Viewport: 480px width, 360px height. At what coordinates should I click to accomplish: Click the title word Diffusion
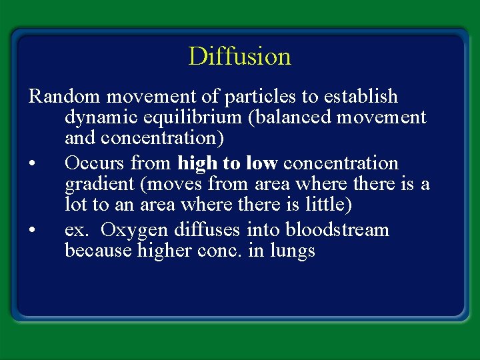tap(240, 56)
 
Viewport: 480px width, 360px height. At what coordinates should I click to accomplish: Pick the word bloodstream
tap(337, 230)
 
